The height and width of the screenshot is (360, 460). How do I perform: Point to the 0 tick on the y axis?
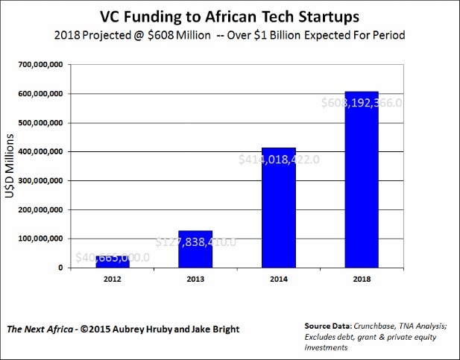[63, 268]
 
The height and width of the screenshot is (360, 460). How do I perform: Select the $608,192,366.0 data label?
[362, 104]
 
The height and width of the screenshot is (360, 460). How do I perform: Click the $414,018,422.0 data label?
[279, 159]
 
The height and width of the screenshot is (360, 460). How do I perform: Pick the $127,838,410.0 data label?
[195, 241]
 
